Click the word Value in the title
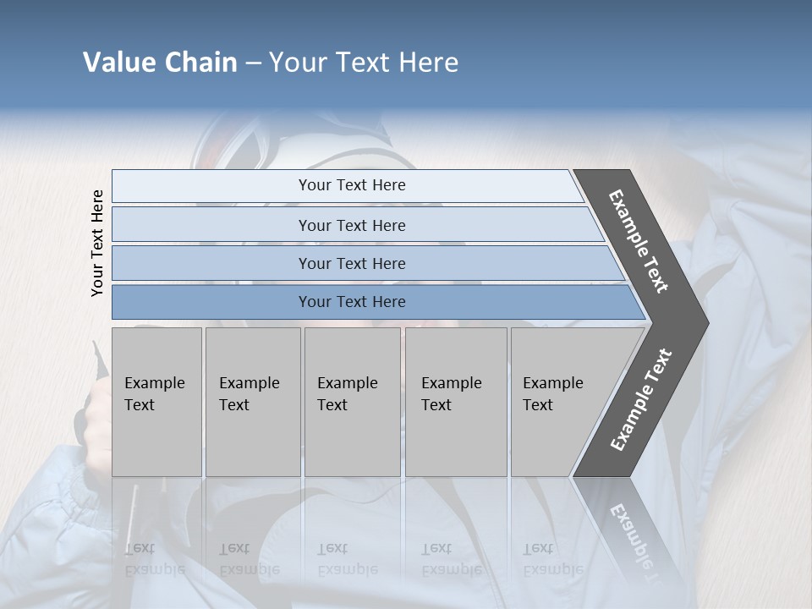click(x=118, y=63)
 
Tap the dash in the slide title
click(x=253, y=63)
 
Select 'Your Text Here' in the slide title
click(x=364, y=63)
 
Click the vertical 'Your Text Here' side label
click(x=97, y=244)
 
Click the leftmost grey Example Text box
click(x=156, y=402)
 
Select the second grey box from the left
click(x=253, y=402)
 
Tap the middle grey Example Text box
click(x=352, y=402)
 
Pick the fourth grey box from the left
click(x=456, y=402)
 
